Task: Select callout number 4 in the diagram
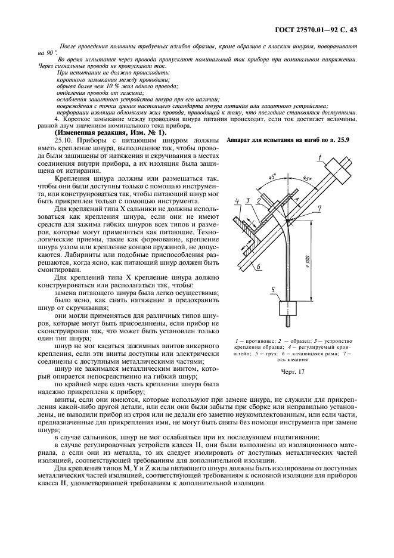click(x=237, y=201)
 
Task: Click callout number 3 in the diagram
click(x=248, y=201)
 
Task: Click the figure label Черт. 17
click(x=292, y=372)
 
